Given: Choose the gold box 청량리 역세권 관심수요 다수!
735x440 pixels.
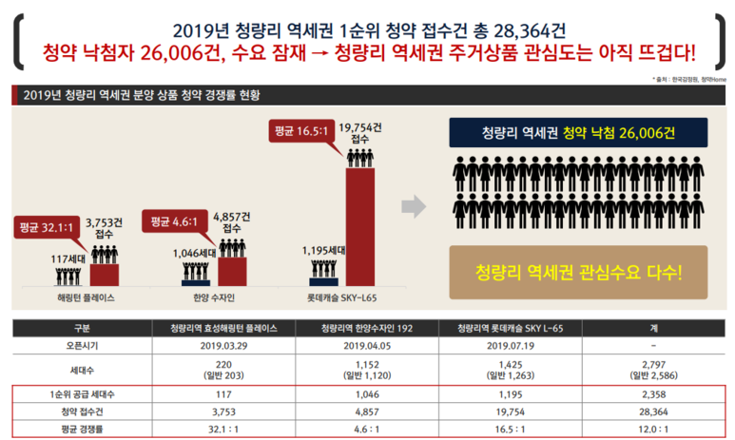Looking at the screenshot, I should (579, 271).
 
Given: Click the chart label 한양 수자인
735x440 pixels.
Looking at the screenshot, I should (215, 297).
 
